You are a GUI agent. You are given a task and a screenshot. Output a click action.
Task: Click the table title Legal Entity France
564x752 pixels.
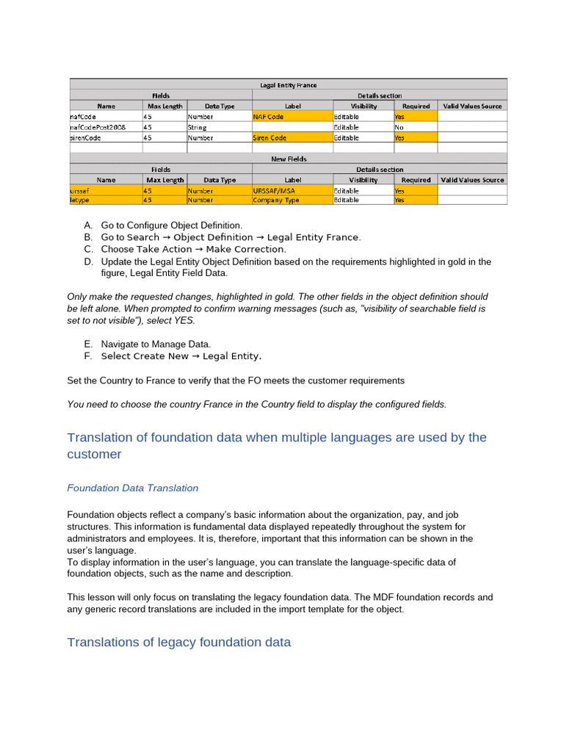288,84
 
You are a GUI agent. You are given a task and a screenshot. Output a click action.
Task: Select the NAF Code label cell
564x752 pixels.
292,116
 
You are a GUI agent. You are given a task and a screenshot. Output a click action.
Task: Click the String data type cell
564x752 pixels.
219,127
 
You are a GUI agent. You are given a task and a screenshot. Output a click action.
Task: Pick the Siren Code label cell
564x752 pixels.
292,137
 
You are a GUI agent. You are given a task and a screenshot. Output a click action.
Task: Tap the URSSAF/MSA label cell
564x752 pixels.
292,189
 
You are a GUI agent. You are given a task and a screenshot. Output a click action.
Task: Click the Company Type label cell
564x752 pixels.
292,200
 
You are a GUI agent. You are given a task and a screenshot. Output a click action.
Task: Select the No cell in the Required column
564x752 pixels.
415,127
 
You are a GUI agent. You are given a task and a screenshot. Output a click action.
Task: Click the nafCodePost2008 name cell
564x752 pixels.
106,127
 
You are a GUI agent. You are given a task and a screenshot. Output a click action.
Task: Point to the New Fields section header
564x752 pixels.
288,159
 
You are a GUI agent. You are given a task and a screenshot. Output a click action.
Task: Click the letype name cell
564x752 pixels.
106,200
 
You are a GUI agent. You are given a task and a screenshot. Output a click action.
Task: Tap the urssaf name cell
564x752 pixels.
106,189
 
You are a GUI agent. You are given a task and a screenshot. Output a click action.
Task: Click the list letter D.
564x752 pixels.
88,261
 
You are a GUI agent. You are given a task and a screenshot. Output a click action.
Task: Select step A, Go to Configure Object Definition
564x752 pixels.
170,225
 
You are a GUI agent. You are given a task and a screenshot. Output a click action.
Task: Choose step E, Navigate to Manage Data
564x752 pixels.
155,344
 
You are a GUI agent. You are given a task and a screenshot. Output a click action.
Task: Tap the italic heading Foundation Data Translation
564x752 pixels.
132,488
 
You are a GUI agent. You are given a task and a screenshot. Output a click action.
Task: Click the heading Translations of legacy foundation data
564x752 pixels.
178,643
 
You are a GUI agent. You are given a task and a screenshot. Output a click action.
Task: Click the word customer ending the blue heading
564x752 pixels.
94,455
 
